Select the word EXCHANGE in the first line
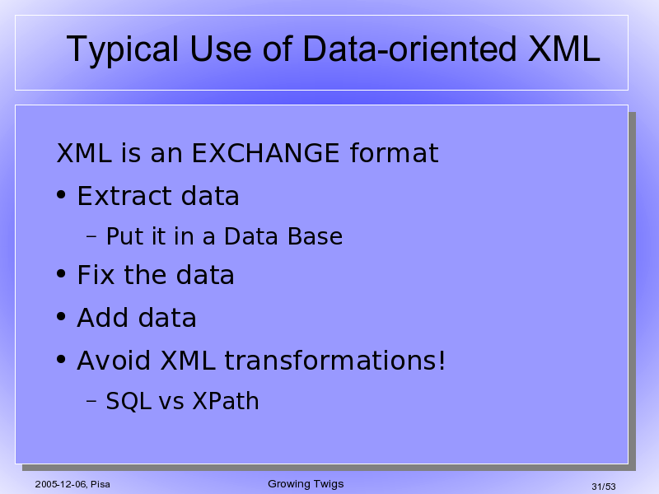265,152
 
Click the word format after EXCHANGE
395,152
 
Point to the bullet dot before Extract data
61,195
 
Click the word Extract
124,195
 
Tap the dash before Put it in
91,236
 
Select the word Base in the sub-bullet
315,236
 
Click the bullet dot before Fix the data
61,274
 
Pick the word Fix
96,275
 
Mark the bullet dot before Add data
61,317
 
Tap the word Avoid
114,360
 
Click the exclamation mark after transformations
442,360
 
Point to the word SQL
129,401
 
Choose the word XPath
226,401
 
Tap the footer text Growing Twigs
306,484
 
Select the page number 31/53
604,487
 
